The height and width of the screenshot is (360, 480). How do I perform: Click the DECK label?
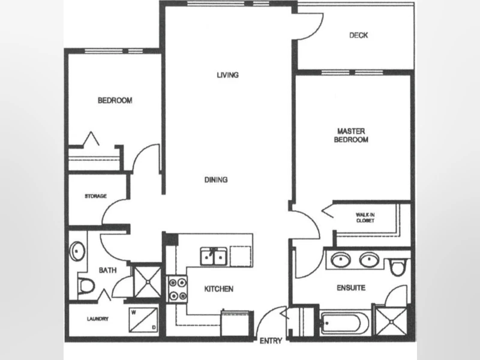tap(358, 35)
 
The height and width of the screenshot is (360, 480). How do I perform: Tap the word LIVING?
tap(228, 75)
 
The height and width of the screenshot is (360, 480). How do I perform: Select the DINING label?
tap(216, 179)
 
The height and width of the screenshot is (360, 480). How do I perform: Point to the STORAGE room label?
tap(96, 196)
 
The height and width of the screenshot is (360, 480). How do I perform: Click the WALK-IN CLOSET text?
tap(365, 218)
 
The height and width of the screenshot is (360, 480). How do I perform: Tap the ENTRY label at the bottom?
tap(271, 341)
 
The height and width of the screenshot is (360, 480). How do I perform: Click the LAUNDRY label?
tap(98, 319)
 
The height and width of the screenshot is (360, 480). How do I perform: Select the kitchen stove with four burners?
tap(176, 289)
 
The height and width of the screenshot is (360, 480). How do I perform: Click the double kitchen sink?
tap(214, 256)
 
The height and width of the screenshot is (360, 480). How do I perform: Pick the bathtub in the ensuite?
tap(344, 323)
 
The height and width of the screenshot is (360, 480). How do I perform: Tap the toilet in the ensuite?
tap(398, 267)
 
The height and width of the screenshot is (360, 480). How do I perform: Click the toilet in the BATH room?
tap(86, 286)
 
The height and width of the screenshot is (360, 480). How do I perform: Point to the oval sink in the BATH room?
tap(77, 251)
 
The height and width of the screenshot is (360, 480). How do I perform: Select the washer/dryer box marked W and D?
tap(143, 320)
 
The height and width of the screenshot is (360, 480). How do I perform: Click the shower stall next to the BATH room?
tap(148, 281)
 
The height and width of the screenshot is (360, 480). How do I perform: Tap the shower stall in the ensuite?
tap(391, 321)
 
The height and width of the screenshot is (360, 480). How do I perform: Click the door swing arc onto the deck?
tap(318, 31)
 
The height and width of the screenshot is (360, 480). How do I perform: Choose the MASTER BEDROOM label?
tap(351, 136)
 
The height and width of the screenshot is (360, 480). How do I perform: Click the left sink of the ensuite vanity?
tap(341, 260)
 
